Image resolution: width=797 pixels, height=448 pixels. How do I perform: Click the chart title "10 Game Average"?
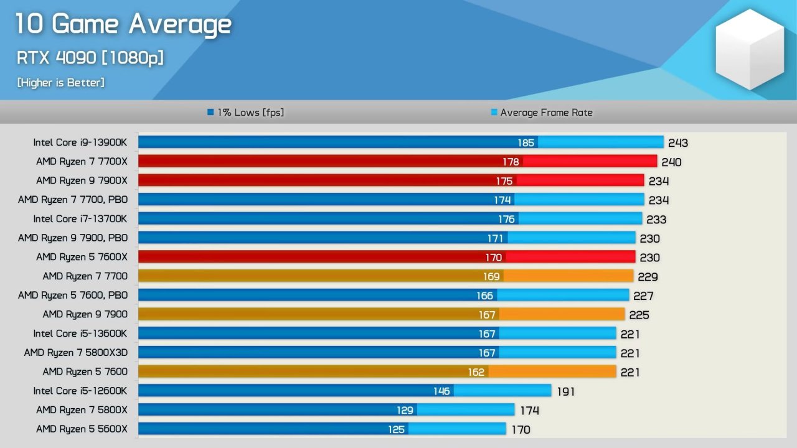123,25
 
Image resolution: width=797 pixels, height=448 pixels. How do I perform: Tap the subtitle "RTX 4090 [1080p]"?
90,58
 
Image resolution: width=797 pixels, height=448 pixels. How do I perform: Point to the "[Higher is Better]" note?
60,82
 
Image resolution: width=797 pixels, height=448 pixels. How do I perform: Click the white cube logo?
749,50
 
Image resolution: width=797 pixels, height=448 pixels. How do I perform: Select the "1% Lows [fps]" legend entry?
245,113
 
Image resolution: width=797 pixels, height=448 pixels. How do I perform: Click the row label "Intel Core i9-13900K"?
80,142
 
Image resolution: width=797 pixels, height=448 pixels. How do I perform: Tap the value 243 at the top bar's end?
678,143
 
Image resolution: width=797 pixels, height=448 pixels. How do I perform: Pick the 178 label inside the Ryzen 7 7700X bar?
511,162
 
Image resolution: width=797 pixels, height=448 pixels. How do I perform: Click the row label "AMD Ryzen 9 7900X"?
82,180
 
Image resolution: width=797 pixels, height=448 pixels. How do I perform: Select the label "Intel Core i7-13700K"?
80,219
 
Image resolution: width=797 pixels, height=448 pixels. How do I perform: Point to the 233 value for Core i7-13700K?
656,220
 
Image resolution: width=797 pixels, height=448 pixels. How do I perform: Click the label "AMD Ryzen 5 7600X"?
82,257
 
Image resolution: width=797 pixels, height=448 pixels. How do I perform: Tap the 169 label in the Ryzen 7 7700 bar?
492,276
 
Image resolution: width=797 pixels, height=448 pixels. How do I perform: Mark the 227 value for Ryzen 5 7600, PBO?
644,296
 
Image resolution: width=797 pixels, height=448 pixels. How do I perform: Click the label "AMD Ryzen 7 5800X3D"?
76,353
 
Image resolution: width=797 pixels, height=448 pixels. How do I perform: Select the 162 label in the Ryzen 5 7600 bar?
476,372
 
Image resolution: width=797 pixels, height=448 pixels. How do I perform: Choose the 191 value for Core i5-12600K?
565,391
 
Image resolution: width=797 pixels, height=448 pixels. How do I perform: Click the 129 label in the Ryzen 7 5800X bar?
405,410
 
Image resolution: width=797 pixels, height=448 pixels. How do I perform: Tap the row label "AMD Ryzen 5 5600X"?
82,429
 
